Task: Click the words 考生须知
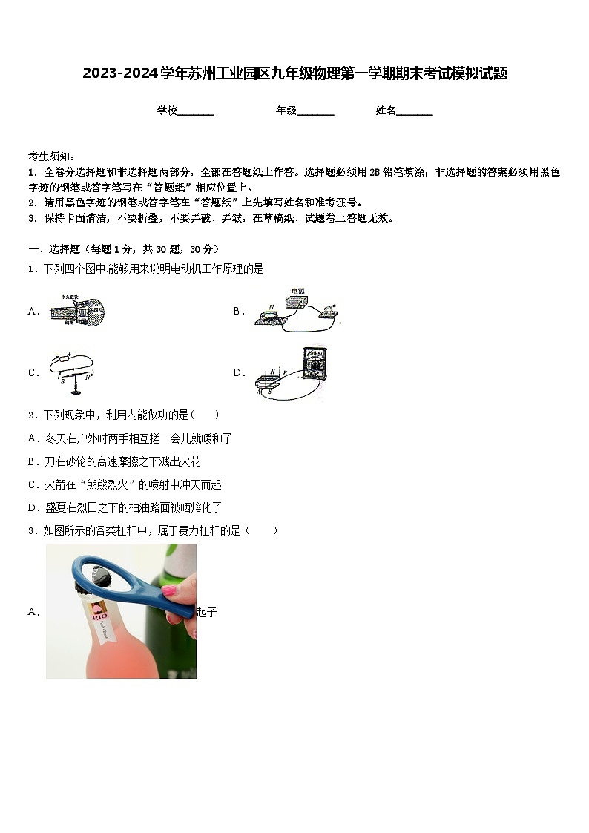[49, 156]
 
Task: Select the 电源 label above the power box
[297, 291]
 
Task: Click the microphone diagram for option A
[78, 311]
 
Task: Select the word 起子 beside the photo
[206, 612]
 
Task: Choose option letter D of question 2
[33, 508]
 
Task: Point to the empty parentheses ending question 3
[264, 530]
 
